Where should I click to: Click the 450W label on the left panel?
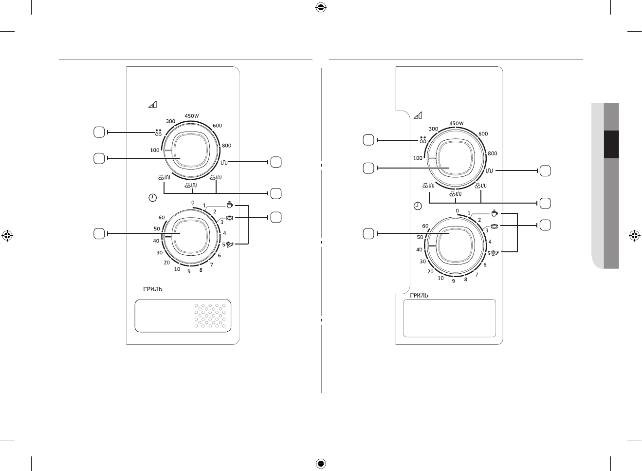(x=192, y=116)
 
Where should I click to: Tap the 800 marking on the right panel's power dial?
(x=493, y=153)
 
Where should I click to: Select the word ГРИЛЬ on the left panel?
(x=153, y=289)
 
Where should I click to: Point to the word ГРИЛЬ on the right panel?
(x=419, y=296)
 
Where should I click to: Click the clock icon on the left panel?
(x=153, y=198)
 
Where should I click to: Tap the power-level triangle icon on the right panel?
(x=418, y=115)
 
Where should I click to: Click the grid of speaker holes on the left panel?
(x=210, y=316)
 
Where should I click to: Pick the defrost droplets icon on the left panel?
(x=158, y=132)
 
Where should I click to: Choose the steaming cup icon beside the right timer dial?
(x=495, y=213)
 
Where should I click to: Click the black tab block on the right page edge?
(x=611, y=144)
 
